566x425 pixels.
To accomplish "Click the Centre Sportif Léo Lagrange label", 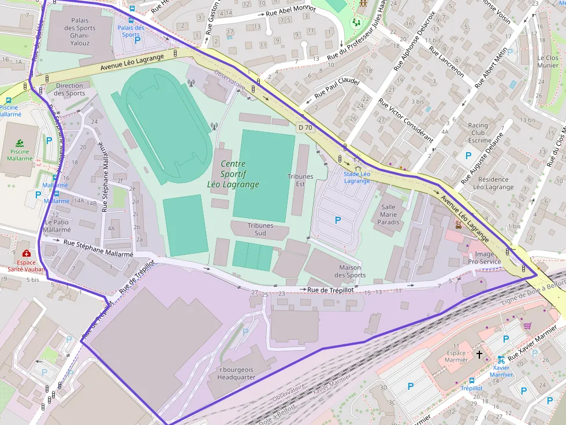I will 233,174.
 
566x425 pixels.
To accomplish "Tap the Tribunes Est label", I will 300,180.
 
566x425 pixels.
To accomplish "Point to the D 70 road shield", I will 306,127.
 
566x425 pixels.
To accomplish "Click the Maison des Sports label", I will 350,271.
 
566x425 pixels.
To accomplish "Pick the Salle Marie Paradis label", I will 389,215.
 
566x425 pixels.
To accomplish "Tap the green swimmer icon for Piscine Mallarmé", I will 20,142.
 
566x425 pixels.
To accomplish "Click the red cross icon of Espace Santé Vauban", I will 26,253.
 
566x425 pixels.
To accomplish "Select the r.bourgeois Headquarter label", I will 236,373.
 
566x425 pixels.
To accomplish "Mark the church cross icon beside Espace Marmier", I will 479,354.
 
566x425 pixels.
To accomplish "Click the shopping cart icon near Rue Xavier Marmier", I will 527,326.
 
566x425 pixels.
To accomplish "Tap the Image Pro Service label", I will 484,258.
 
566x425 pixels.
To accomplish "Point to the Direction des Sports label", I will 69,89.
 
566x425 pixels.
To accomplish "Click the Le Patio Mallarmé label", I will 57,226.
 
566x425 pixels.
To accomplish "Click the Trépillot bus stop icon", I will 472,381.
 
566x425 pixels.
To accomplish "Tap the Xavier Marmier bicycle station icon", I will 501,359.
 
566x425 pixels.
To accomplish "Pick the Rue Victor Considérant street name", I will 405,119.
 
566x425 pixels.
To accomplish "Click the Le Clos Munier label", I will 548,62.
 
